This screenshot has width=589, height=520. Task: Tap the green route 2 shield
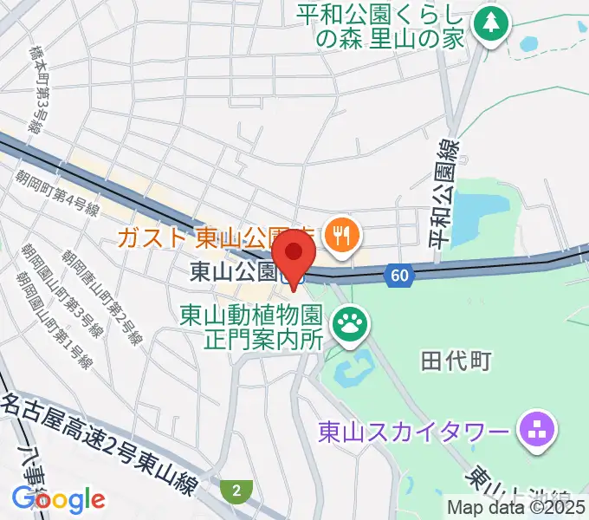click(235, 491)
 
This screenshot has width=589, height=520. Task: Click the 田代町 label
click(456, 361)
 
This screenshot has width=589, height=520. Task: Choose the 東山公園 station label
click(233, 272)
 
